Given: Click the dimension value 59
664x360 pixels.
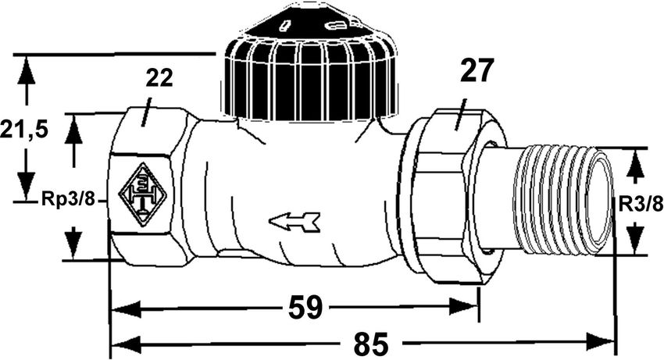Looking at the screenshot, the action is tap(305, 308).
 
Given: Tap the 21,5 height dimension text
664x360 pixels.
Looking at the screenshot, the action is tap(23, 130).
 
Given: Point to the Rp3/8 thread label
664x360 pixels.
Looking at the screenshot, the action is tap(68, 198).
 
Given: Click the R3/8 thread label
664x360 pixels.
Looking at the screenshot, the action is tap(641, 205).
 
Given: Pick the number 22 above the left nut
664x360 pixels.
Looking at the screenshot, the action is tap(159, 78).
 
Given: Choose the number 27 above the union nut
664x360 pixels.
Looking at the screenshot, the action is tap(477, 70).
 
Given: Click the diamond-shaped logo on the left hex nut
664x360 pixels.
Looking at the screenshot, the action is tap(143, 194).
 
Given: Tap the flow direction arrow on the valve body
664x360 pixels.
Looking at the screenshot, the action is tap(295, 222).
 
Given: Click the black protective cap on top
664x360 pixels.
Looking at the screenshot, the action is tap(310, 63).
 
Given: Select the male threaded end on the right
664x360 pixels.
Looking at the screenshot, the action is tap(563, 201).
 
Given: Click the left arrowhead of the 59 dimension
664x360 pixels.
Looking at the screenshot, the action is tap(125, 308).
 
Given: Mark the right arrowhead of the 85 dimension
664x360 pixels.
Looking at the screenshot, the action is tap(600, 341).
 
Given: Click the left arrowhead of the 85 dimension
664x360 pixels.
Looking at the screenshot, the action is tap(125, 342).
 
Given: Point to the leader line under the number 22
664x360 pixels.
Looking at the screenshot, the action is tap(146, 112).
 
